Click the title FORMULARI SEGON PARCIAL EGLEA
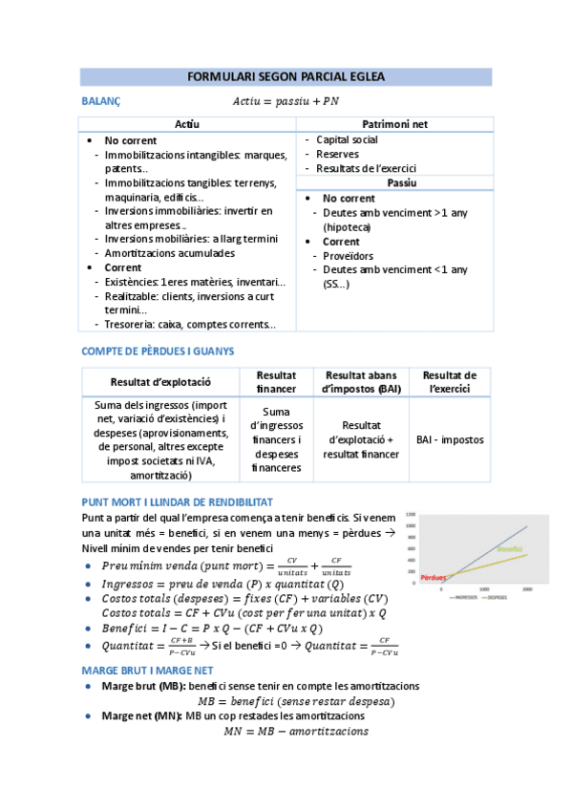[286, 77]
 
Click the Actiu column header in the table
[188, 124]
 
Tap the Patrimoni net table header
[394, 124]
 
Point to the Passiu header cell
[394, 182]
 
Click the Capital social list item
[347, 139]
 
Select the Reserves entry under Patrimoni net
[337, 154]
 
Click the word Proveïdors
[348, 256]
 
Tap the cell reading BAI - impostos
[450, 439]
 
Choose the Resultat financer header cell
[276, 381]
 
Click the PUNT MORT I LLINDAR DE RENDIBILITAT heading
[178, 501]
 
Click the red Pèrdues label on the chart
[432, 578]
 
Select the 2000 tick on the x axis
[526, 590]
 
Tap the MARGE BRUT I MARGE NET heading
[151, 671]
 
